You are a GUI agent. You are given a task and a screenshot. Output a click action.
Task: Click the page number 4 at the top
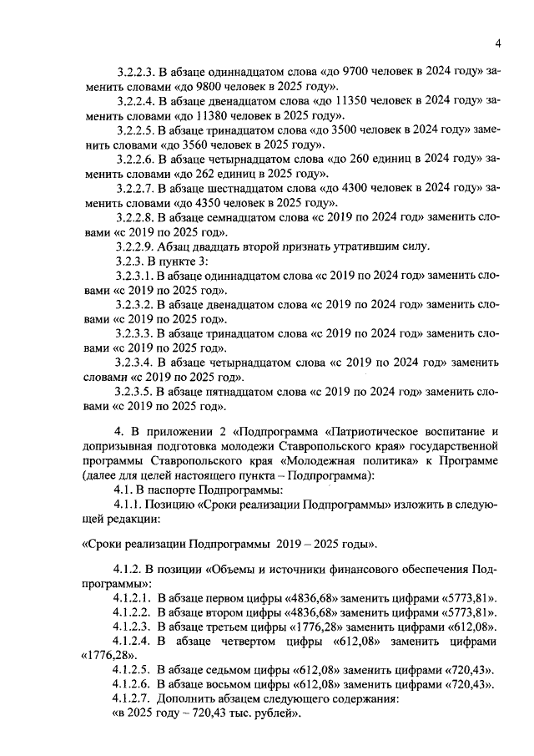coord(496,43)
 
